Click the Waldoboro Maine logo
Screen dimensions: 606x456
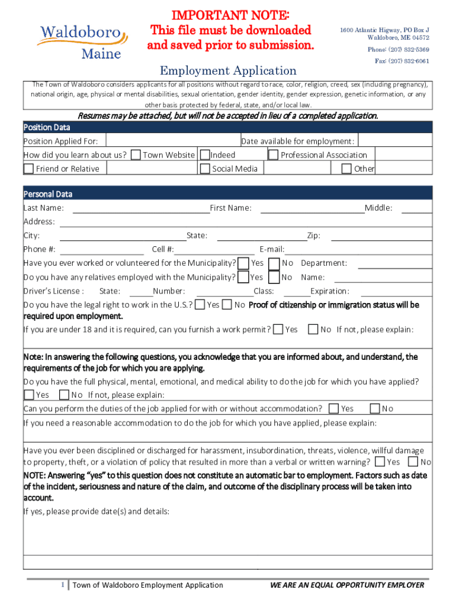coord(82,40)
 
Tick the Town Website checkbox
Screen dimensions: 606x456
coord(136,155)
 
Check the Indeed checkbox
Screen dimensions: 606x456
coord(205,155)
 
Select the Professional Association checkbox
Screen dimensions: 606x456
coord(274,155)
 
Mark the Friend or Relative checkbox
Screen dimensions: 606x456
coord(28,169)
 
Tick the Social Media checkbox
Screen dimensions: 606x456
coord(205,169)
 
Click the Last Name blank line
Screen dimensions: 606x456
coord(141,208)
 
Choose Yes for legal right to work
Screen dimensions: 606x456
coord(200,305)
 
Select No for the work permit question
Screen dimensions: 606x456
coord(313,330)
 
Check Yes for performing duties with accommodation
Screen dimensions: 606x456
coord(334,408)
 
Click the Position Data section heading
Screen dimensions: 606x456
coord(47,127)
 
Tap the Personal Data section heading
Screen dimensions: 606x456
coord(48,194)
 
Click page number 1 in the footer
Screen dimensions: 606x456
coord(63,585)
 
